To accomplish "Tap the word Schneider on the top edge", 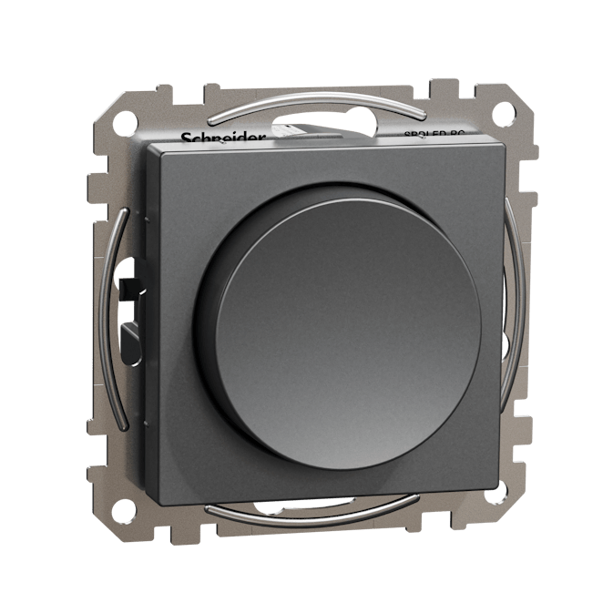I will (x=223, y=138).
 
